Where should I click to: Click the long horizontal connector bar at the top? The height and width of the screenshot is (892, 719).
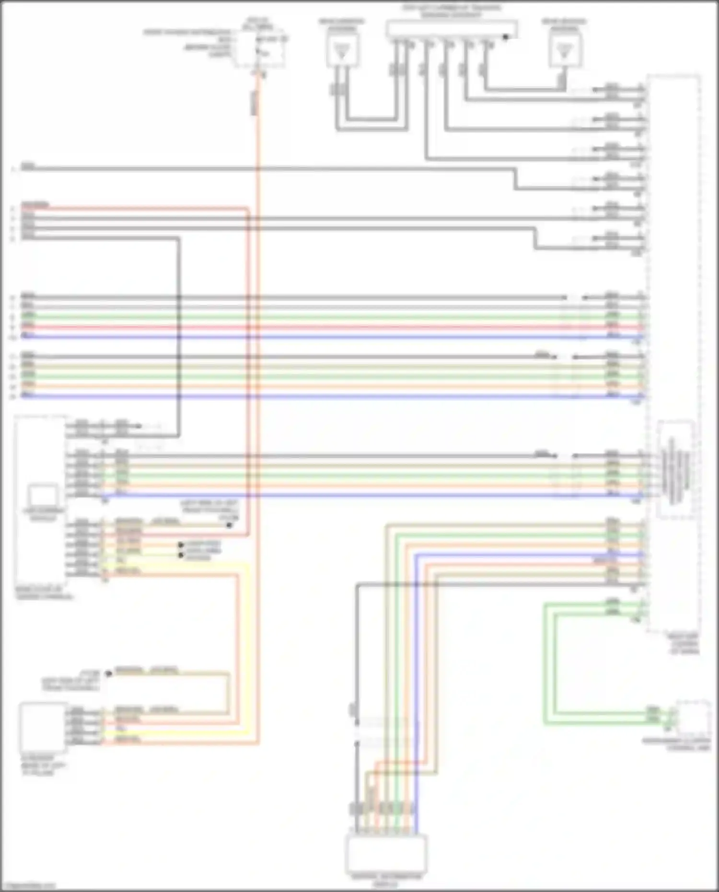click(451, 29)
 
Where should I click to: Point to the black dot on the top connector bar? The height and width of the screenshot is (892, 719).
click(505, 37)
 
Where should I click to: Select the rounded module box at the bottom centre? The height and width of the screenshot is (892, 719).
click(386, 853)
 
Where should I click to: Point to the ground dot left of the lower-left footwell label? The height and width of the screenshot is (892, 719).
click(109, 674)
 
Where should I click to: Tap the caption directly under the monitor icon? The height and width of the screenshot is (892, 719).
click(43, 514)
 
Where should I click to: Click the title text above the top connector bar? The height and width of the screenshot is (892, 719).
click(451, 11)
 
